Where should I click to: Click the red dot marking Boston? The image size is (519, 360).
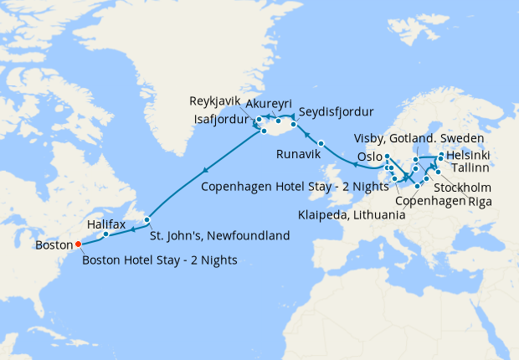[78, 244]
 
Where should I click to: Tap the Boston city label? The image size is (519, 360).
[54, 245]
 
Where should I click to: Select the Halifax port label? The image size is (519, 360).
[105, 224]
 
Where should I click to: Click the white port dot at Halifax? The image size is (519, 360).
[106, 234]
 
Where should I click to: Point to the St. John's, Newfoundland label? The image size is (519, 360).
[220, 235]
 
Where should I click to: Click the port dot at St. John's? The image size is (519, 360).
[147, 220]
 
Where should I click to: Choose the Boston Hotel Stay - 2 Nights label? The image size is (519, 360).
[159, 260]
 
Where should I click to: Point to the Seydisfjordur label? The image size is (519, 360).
[336, 111]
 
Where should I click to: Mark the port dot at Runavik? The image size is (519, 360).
[321, 143]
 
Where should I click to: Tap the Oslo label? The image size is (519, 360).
[369, 157]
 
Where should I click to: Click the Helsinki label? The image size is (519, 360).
[469, 156]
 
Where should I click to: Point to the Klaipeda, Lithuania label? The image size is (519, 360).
[352, 216]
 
